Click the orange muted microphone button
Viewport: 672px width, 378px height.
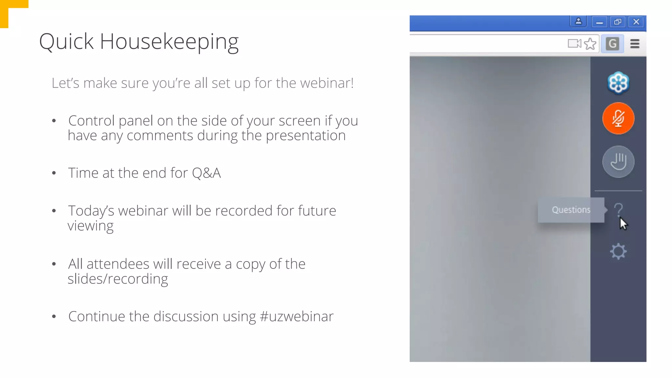point(618,118)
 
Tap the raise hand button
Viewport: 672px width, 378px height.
point(618,162)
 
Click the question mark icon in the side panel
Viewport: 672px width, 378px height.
point(619,209)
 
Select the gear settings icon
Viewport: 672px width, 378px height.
point(618,251)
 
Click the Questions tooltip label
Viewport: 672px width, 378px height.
point(571,210)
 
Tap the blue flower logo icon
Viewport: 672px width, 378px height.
point(618,83)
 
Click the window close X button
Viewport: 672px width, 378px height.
point(636,22)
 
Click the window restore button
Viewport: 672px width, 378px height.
point(618,22)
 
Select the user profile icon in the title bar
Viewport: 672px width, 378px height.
point(578,22)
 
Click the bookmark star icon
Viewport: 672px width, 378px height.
point(590,44)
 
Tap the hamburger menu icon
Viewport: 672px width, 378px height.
point(635,44)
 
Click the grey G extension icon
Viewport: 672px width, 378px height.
point(612,44)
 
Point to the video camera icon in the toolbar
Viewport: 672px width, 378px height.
point(574,44)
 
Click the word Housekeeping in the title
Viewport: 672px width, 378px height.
point(169,42)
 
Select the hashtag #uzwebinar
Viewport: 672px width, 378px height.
point(297,317)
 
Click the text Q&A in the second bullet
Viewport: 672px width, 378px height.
point(206,173)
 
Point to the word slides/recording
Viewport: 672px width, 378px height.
point(118,279)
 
